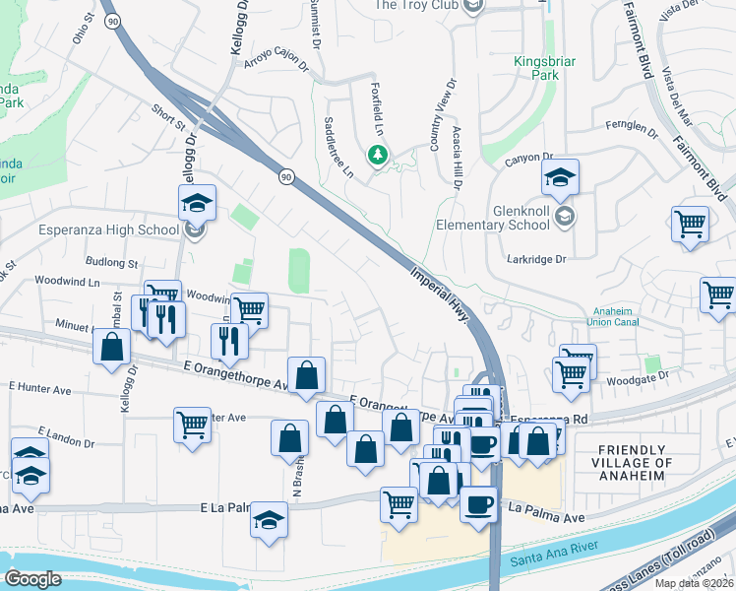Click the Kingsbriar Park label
coord(544,69)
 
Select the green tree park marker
coord(376,156)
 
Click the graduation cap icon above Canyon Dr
coord(560,177)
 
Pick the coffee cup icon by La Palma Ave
coord(478,503)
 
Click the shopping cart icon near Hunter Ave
coord(192,425)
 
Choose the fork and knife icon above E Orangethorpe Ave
coord(228,341)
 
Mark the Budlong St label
coord(111,263)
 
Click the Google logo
coord(33,579)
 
